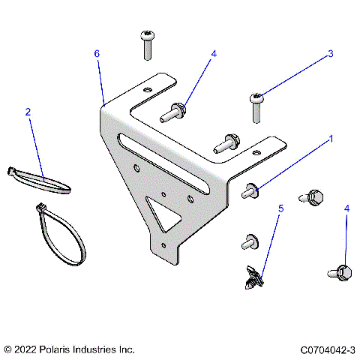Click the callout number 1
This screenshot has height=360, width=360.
(331, 139)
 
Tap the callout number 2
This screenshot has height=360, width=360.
(28, 112)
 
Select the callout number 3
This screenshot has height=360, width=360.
(329, 54)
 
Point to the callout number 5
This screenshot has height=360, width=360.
(281, 208)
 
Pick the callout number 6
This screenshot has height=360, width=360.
(97, 54)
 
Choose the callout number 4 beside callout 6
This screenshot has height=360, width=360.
(214, 54)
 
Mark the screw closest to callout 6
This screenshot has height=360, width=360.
(145, 44)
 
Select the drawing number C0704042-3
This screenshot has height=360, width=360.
(327, 349)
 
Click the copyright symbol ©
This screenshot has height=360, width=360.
(8, 349)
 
